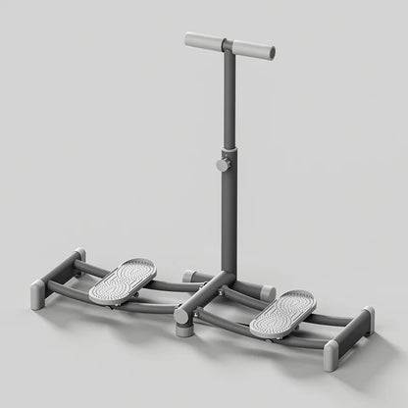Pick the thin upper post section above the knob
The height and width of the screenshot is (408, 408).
click(228, 98)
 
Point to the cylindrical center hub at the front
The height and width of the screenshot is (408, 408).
click(182, 323)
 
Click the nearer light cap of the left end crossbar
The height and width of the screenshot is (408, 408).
click(38, 295)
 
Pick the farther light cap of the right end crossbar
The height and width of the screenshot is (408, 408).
click(369, 317)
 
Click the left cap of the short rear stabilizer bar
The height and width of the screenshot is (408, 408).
click(187, 277)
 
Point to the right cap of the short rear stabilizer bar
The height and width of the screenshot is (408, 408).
click(264, 290)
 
